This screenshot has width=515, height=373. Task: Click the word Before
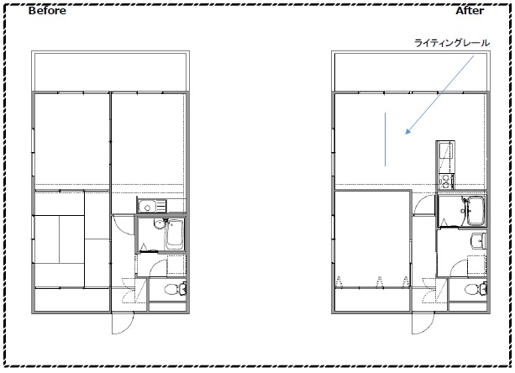pyautogui.click(x=47, y=11)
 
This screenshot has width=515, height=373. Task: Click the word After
pyautogui.click(x=470, y=11)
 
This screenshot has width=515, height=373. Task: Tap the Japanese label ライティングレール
pyautogui.click(x=452, y=43)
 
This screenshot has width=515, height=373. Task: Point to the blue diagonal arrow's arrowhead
pyautogui.click(x=407, y=132)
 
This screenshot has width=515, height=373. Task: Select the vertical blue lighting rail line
pyautogui.click(x=385, y=139)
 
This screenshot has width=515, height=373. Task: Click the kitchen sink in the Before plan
pyautogui.click(x=148, y=207)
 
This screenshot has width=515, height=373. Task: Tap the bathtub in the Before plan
pyautogui.click(x=174, y=234)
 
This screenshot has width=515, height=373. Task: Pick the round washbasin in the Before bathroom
pyautogui.click(x=159, y=224)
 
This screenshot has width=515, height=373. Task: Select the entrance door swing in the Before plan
pyautogui.click(x=123, y=323)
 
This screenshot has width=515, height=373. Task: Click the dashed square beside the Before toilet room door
pyautogui.click(x=176, y=265)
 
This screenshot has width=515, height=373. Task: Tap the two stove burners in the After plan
pyautogui.click(x=445, y=181)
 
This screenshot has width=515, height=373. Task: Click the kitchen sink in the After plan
pyautogui.click(x=445, y=154)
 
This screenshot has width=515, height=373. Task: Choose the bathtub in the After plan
pyautogui.click(x=476, y=211)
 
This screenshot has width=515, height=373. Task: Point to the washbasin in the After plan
pyautogui.click(x=478, y=241)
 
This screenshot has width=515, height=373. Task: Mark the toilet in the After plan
pyautogui.click(x=476, y=289)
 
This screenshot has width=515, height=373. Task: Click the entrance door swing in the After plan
pyautogui.click(x=423, y=323)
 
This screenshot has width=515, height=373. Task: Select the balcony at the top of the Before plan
pyautogui.click(x=110, y=71)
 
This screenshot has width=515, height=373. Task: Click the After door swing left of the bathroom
pyautogui.click(x=424, y=204)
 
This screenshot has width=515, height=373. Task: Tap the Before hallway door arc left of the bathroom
pyautogui.click(x=123, y=226)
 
